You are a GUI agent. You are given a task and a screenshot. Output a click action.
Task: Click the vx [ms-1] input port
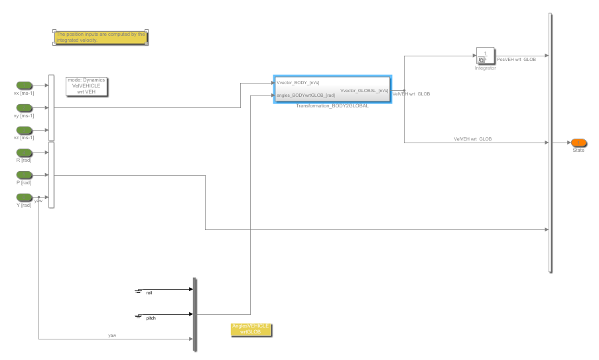[x=25, y=86]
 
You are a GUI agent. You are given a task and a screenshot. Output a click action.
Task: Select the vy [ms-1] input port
[x=25, y=108]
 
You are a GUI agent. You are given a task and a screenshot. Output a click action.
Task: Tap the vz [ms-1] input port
[x=25, y=130]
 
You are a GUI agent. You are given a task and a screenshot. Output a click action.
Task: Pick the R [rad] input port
[x=25, y=152]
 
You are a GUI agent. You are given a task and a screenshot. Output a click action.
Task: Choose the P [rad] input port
[x=25, y=175]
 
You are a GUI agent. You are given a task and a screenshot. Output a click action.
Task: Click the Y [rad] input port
[x=25, y=197]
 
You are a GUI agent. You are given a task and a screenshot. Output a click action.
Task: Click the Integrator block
[x=485, y=56]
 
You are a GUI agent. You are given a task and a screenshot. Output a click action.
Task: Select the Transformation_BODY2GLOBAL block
[x=332, y=89]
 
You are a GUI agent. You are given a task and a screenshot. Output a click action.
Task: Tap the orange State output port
[x=578, y=143]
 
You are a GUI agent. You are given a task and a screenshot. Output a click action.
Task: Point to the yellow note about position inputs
[x=100, y=37]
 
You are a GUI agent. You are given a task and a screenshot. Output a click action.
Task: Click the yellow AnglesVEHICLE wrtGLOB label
[x=250, y=329]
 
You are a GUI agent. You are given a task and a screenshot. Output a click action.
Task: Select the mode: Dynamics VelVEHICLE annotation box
[x=86, y=87]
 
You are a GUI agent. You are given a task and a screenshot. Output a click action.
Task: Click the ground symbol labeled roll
[x=139, y=291]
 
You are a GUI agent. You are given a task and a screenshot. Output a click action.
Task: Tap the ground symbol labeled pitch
[x=139, y=317]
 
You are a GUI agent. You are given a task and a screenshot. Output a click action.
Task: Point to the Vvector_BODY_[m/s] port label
[x=298, y=83]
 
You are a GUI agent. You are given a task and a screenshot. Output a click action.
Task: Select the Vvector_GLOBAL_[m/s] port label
[x=364, y=90]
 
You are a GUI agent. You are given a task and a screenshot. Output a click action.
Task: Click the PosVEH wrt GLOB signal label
[x=516, y=60]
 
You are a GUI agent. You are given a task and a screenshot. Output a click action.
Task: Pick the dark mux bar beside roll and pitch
[x=194, y=314]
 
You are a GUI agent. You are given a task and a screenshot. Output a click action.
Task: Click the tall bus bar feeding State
[x=551, y=143]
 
